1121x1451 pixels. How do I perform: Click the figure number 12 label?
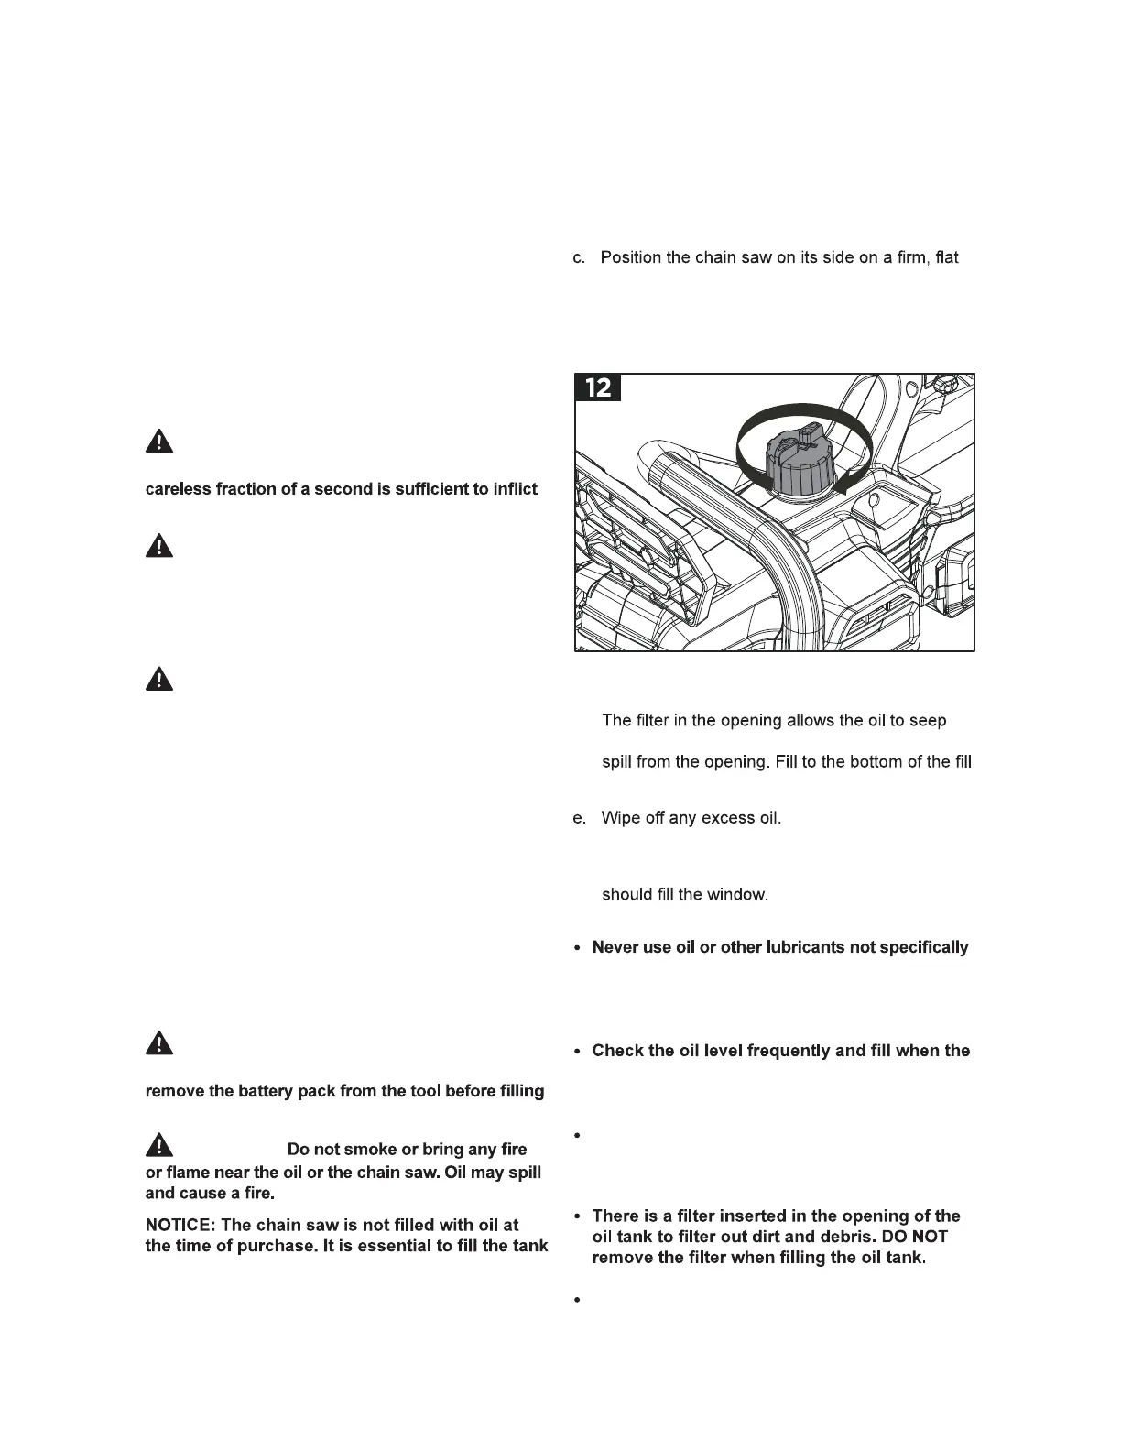tap(597, 387)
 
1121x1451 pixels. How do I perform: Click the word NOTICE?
tap(179, 1225)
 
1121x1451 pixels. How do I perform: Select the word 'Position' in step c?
tap(631, 257)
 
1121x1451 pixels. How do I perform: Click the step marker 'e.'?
tap(579, 818)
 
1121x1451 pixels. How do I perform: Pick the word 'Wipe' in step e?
tap(619, 818)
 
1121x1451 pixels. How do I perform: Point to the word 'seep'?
tap(928, 721)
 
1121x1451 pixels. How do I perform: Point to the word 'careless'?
tap(178, 489)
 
